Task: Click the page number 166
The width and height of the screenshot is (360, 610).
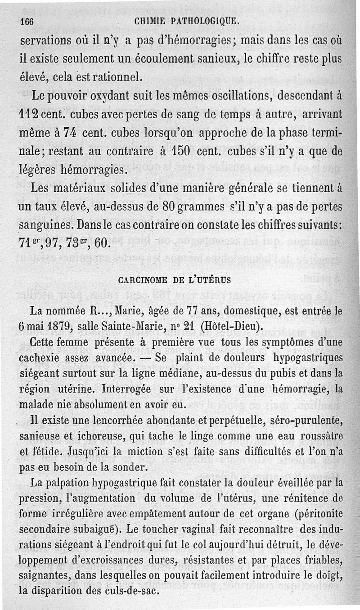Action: click(28, 21)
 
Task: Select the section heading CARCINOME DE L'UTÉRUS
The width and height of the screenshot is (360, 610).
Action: click(174, 279)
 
